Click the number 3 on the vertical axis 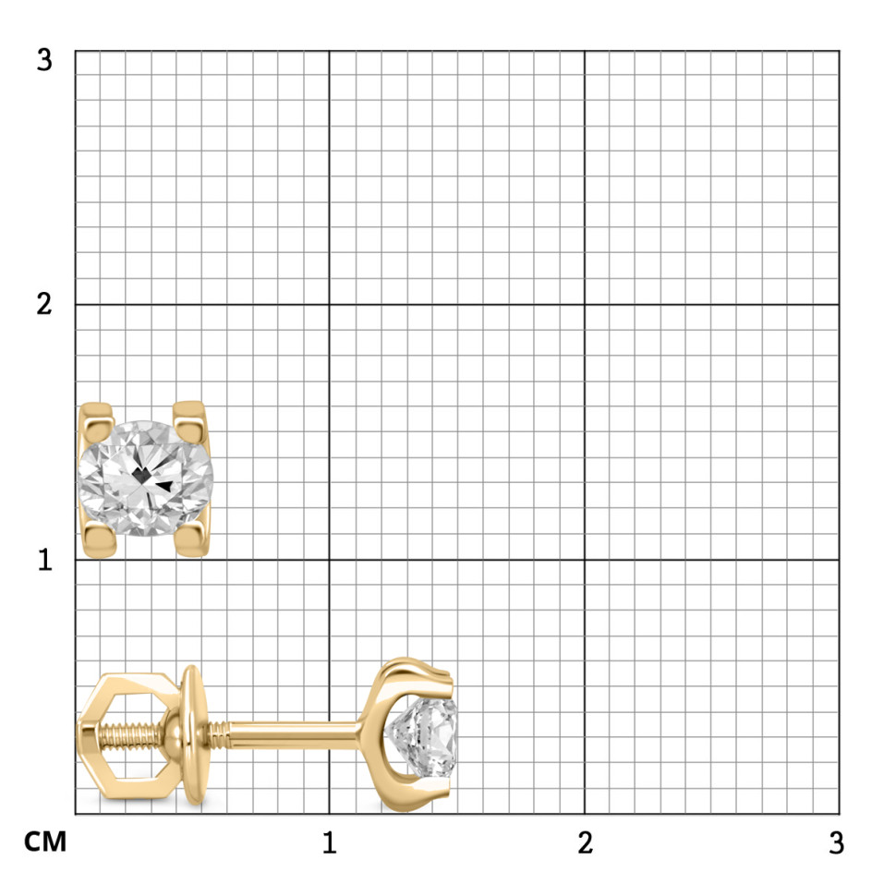click(44, 60)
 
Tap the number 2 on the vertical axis click(44, 304)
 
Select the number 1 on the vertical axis click(45, 560)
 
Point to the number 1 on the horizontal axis click(329, 842)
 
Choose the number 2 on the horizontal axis click(585, 842)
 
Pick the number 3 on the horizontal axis click(837, 842)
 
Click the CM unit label click(45, 842)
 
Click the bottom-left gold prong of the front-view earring click(100, 541)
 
